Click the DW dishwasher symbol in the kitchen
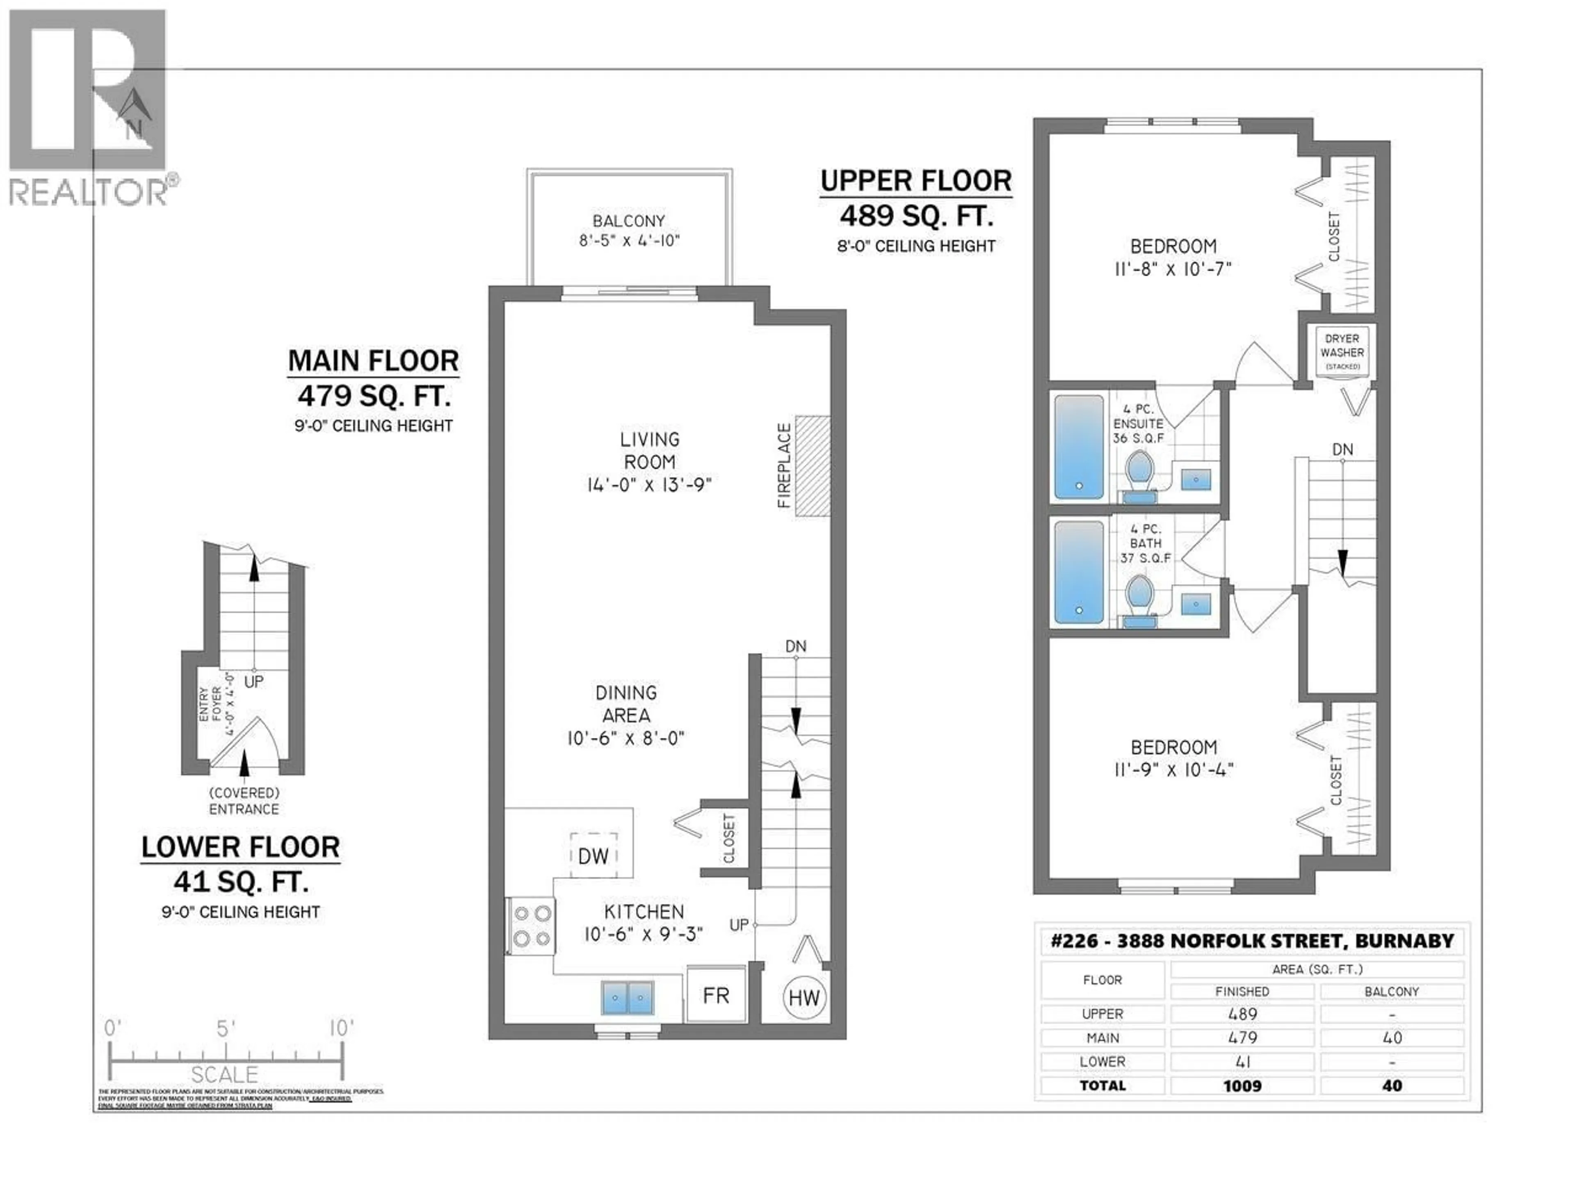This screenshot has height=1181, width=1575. pos(593,856)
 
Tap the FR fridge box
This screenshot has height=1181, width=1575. pos(716,995)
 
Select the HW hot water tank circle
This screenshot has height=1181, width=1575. pos(804,998)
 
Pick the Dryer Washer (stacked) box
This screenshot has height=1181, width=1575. pos(1342,352)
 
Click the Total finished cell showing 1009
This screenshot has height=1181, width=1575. pos(1242,1085)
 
